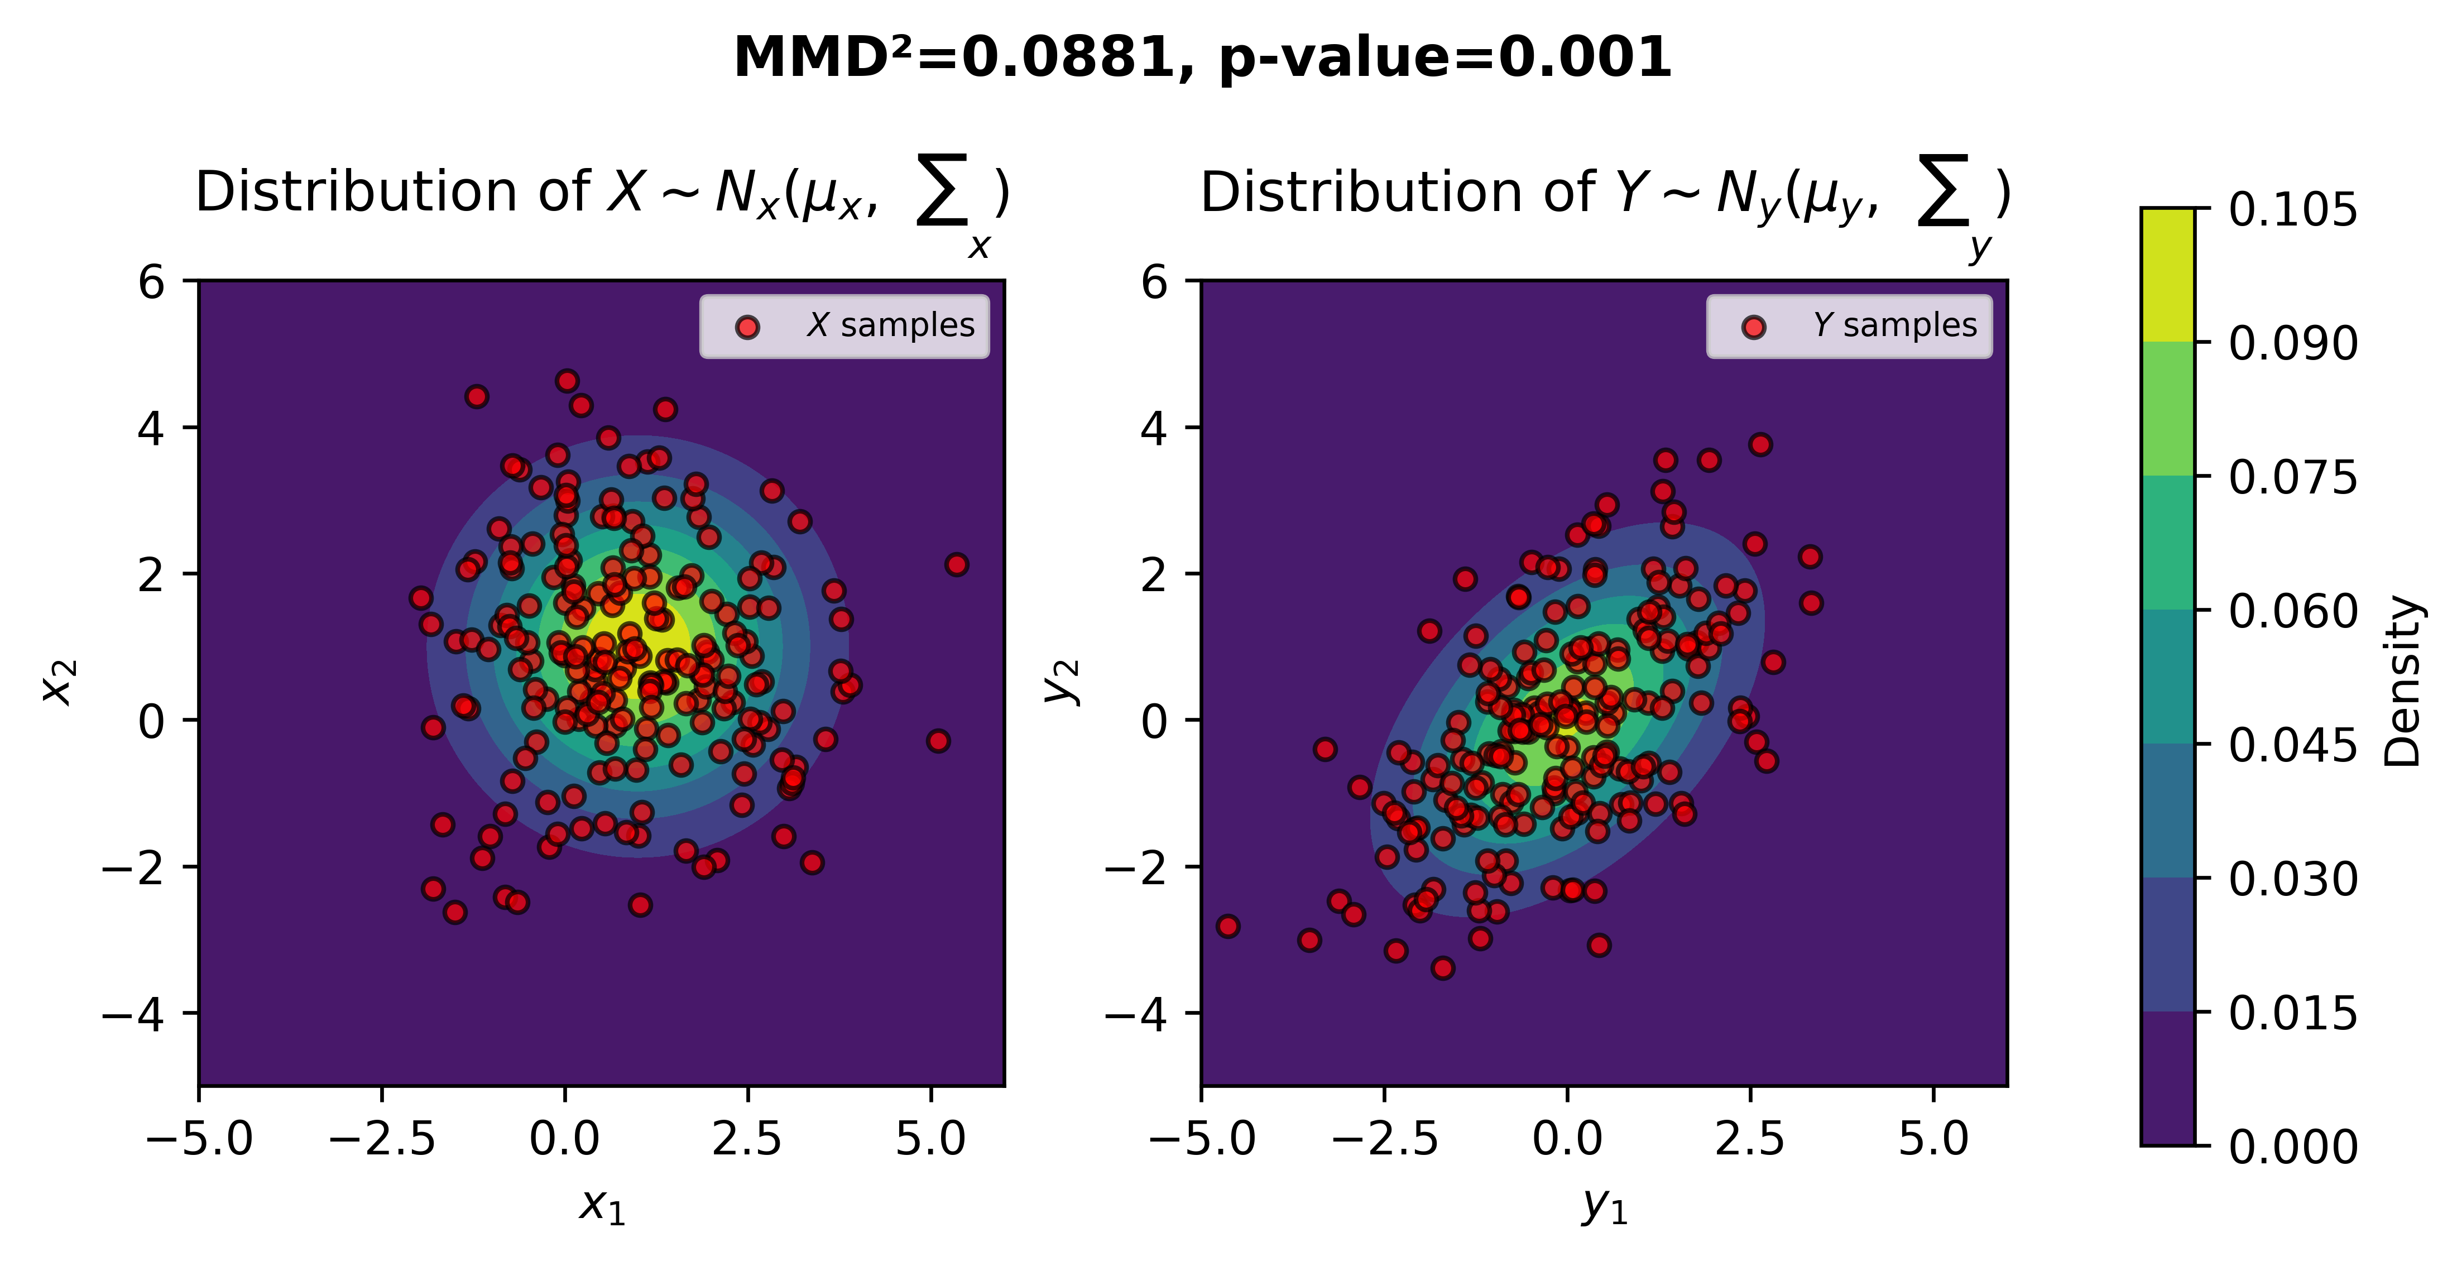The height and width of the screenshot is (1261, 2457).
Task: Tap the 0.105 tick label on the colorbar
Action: pos(2292,210)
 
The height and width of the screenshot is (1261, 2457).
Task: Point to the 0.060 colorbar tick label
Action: pos(2292,611)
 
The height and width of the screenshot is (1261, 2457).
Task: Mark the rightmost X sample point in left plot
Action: pos(957,565)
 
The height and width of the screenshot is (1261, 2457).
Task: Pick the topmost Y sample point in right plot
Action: pos(1760,444)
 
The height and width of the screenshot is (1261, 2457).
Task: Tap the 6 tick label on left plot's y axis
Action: pos(152,282)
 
